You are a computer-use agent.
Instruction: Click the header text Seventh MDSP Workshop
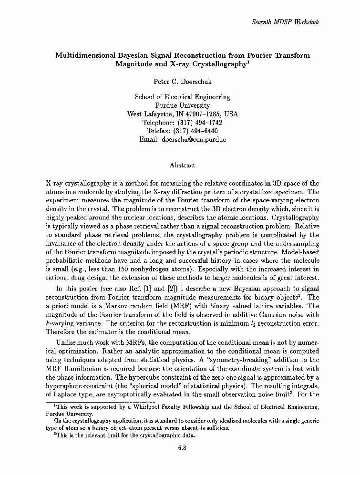click(285, 22)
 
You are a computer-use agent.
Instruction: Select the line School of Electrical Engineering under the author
click(182, 97)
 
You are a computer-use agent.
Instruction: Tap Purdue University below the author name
click(182, 105)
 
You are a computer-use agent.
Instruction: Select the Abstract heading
click(182, 166)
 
